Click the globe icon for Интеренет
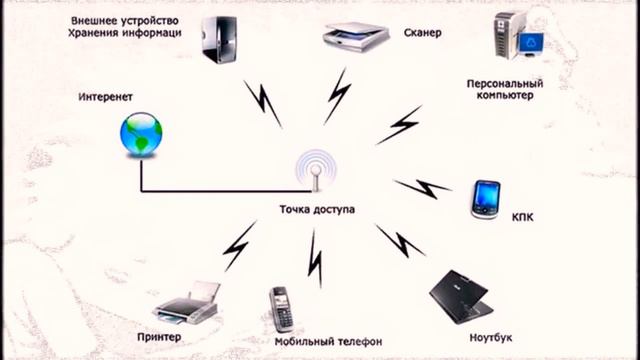click(140, 134)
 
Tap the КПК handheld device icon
click(487, 199)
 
